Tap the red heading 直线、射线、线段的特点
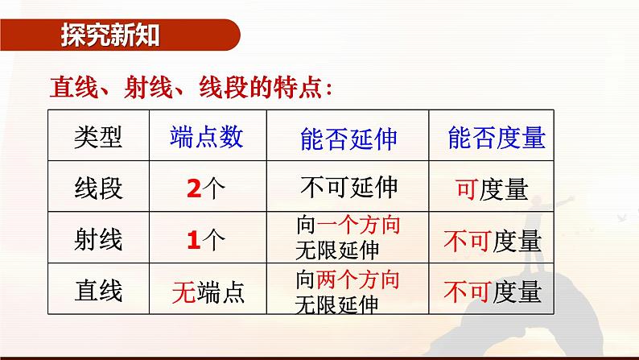tap(192, 85)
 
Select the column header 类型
tap(98, 138)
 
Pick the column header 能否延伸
tap(348, 139)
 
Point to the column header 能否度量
tap(497, 138)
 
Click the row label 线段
tap(98, 188)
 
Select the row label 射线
tap(98, 239)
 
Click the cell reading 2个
tap(207, 189)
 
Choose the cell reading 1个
tap(207, 240)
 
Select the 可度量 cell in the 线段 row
tap(492, 189)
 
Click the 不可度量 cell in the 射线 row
tap(493, 240)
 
